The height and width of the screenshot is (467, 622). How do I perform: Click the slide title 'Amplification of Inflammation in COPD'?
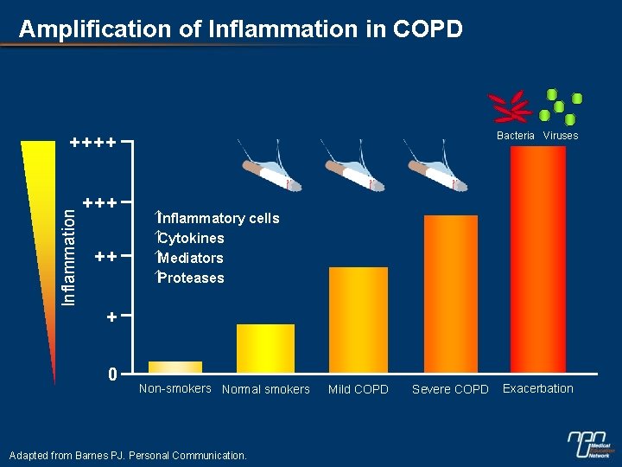click(240, 29)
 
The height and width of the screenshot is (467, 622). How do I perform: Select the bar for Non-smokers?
click(175, 367)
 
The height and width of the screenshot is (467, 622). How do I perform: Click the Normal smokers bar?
click(265, 348)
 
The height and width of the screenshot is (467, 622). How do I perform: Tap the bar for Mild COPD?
click(359, 319)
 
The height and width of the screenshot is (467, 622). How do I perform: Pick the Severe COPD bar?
click(450, 293)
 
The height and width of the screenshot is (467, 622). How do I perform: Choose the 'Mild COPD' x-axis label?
click(359, 390)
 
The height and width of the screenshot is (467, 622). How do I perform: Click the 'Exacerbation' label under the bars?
click(537, 388)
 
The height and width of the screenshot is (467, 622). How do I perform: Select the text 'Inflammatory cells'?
click(218, 219)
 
